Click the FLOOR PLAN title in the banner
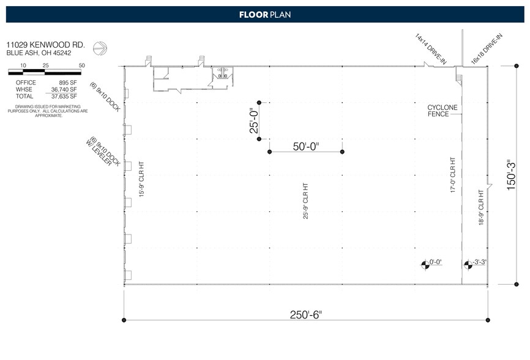click(x=264, y=14)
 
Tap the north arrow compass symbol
click(x=99, y=48)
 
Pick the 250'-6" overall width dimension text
click(x=305, y=315)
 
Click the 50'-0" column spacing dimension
click(x=306, y=147)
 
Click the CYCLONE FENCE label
click(x=442, y=111)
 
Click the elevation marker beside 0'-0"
click(x=424, y=264)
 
